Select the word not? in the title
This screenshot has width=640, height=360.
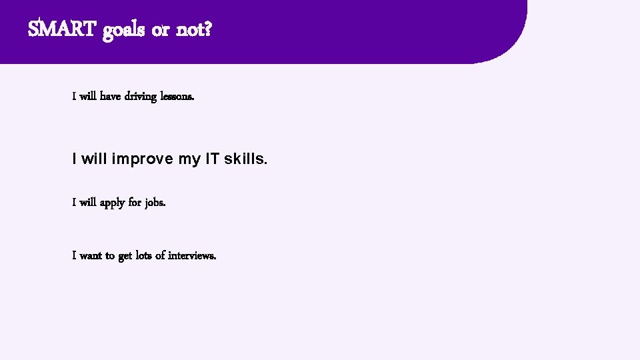coord(194,29)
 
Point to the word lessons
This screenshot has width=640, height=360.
coord(178,97)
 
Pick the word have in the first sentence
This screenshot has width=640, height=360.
coord(110,97)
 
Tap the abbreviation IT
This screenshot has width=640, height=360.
coord(212,159)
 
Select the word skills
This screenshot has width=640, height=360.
coord(245,159)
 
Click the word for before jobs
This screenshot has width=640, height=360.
coord(135,203)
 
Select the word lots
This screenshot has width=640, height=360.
coord(144,255)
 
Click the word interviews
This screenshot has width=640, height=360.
coord(192,255)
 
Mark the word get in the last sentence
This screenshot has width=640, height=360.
coord(125,256)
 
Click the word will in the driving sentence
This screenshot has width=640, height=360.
coord(88,97)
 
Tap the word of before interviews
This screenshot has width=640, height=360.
coord(160,255)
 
